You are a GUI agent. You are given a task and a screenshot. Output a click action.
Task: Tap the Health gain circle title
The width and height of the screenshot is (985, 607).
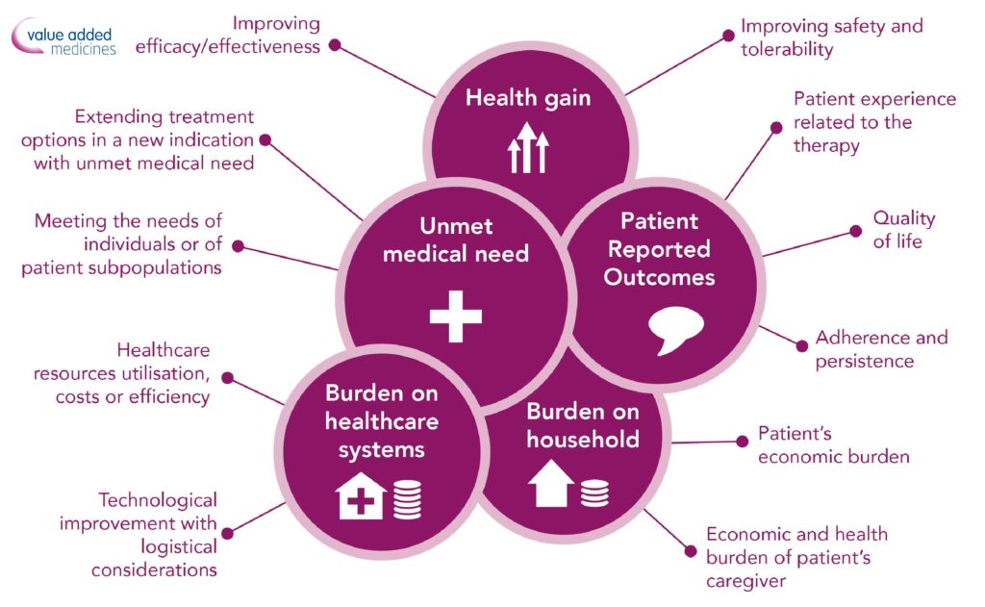528,99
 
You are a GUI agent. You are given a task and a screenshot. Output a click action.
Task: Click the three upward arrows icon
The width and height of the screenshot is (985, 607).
528,148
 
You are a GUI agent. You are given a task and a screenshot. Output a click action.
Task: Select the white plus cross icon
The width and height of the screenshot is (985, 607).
455,316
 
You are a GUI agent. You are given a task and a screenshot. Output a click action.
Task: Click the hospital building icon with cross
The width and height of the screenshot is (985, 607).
361,495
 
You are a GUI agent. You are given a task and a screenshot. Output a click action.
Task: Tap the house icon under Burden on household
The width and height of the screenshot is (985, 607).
551,483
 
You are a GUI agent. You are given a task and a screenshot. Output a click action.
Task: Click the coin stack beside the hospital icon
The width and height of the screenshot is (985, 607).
407,499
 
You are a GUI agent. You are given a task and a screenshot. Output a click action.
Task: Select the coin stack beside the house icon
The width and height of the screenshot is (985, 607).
594,493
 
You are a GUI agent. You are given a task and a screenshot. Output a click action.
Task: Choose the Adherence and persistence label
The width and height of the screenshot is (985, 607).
881,349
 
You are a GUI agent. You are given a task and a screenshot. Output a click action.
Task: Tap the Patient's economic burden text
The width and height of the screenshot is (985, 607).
834,444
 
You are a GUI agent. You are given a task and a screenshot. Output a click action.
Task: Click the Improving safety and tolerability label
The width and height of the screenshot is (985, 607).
832,38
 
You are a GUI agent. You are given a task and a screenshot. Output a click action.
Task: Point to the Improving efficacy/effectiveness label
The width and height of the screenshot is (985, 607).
227,35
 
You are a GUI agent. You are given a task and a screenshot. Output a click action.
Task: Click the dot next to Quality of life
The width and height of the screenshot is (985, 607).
855,231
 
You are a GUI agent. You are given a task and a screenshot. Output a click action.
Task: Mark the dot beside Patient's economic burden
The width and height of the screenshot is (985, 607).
742,442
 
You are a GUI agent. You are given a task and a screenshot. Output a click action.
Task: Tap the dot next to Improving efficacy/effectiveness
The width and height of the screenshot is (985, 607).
335,45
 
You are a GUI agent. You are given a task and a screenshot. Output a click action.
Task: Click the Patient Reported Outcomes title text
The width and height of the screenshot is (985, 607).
659,249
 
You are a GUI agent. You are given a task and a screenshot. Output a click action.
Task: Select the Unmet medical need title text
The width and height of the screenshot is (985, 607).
456,240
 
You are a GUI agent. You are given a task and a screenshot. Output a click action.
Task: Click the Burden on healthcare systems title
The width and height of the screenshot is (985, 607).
381,421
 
